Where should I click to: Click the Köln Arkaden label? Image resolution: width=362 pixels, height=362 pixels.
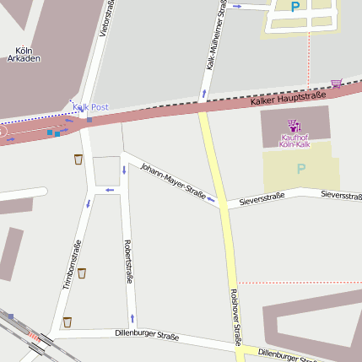(x=24, y=55)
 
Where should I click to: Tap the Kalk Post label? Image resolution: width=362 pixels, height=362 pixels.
(x=90, y=107)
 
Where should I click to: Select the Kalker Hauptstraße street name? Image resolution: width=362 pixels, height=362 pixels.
(x=288, y=95)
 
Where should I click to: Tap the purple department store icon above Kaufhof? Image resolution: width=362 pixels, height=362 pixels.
(x=294, y=125)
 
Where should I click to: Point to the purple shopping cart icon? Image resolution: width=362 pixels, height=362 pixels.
(x=337, y=83)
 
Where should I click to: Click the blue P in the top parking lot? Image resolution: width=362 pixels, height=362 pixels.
(x=294, y=7)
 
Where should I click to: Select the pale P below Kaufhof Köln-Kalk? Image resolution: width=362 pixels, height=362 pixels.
(x=300, y=168)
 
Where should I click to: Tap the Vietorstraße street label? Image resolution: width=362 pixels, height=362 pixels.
(x=105, y=19)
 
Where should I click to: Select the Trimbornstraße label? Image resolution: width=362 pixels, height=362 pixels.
(x=72, y=265)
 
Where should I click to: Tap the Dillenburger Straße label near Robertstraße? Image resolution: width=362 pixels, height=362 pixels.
(x=147, y=335)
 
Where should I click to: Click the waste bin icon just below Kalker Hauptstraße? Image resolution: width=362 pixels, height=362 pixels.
(x=78, y=159)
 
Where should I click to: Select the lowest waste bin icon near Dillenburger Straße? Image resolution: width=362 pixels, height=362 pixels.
(x=68, y=321)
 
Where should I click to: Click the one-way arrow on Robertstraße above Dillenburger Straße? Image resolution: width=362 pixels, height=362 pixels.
(x=132, y=318)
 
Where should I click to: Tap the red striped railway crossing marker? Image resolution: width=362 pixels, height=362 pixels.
(x=35, y=338)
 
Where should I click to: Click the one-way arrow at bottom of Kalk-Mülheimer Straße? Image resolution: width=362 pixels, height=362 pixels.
(x=203, y=92)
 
